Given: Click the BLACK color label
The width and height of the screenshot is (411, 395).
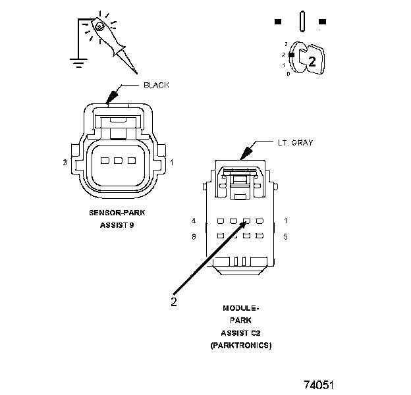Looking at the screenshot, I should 157,86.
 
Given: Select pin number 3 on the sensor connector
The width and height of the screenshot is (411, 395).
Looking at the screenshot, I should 65,162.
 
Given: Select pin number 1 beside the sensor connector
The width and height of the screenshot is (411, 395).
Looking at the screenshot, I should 172,162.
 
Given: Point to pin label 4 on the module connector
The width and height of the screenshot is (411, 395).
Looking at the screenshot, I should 194,220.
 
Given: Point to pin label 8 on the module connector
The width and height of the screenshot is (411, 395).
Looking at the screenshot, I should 194,236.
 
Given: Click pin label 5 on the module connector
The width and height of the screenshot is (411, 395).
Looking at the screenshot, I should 286,236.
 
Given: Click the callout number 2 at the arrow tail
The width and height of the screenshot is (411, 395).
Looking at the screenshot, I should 174,302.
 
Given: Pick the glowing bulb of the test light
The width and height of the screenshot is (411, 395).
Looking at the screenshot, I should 99,27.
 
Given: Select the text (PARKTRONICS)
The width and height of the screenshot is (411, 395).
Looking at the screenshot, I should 240,345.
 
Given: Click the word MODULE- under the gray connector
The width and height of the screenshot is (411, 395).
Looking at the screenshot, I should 240,307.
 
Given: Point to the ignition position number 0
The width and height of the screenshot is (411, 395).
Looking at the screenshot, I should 288,73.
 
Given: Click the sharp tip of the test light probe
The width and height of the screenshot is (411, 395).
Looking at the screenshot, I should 137,72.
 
